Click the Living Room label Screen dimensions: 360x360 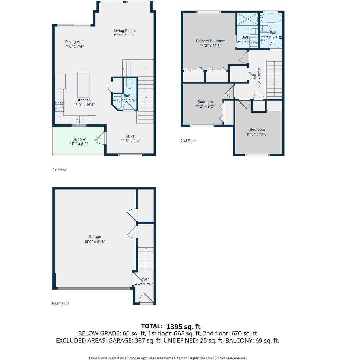[x=124, y=31]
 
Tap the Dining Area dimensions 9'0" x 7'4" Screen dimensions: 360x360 [x=75, y=46]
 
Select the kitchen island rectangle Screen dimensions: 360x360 [x=83, y=85]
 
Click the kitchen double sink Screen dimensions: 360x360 [x=79, y=119]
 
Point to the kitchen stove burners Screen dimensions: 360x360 [x=59, y=106]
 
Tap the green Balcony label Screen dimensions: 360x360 [x=79, y=139]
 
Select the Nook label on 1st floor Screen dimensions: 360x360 [x=130, y=136]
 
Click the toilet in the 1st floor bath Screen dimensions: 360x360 [x=129, y=83]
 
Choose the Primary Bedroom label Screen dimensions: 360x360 [x=210, y=41]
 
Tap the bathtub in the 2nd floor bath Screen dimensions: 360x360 [x=270, y=18]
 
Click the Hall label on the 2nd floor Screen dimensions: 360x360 [x=254, y=77]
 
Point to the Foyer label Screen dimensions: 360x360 [x=144, y=279]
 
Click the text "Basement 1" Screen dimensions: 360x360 [x=60, y=303]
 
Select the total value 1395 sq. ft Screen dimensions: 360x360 [x=183, y=326]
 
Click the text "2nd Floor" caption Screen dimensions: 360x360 [x=188, y=141]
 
